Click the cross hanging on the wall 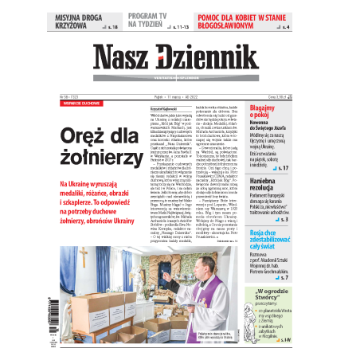(83, 256)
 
